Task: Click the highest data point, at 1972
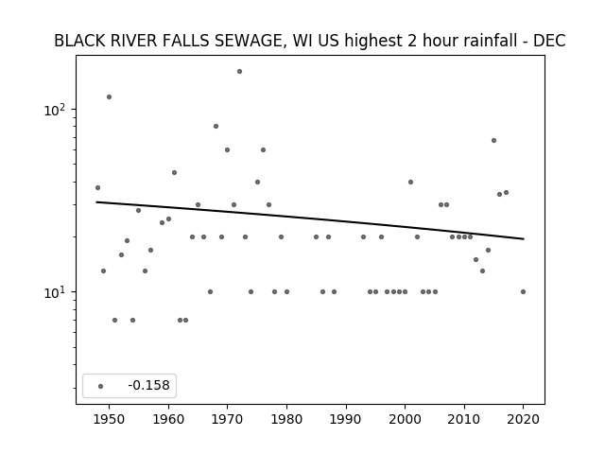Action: point(239,72)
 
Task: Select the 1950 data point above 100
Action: point(110,96)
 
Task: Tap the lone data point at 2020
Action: point(523,292)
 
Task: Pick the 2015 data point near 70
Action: point(493,141)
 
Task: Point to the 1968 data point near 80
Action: point(216,126)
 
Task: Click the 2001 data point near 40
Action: point(410,183)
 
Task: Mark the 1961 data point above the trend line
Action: point(174,172)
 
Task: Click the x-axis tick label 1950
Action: point(110,419)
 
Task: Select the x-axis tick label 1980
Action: point(286,419)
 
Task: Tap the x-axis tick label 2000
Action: point(405,419)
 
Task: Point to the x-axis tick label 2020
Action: point(523,419)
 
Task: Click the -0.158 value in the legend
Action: point(148,385)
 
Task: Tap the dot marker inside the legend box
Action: point(101,386)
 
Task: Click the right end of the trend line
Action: point(524,239)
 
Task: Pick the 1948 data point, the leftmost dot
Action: point(97,187)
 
